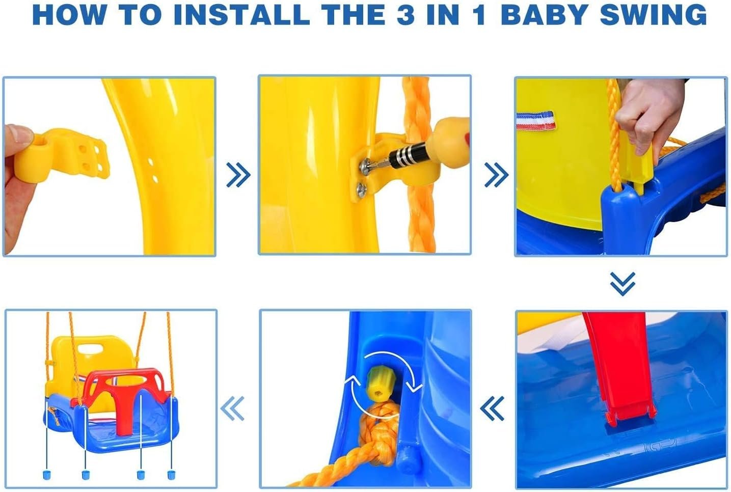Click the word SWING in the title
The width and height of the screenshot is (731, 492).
(654, 15)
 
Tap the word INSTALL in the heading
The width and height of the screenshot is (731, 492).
(242, 15)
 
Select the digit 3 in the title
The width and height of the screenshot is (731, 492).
(406, 15)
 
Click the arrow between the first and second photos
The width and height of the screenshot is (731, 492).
(238, 175)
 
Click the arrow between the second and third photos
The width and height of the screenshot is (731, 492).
(496, 175)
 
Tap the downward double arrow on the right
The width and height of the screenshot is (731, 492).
(622, 284)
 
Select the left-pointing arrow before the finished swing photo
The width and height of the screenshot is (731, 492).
(232, 408)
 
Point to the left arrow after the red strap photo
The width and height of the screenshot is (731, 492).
(492, 408)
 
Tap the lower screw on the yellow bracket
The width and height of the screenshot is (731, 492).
(362, 190)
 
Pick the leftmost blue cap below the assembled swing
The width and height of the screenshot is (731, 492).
(47, 475)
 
